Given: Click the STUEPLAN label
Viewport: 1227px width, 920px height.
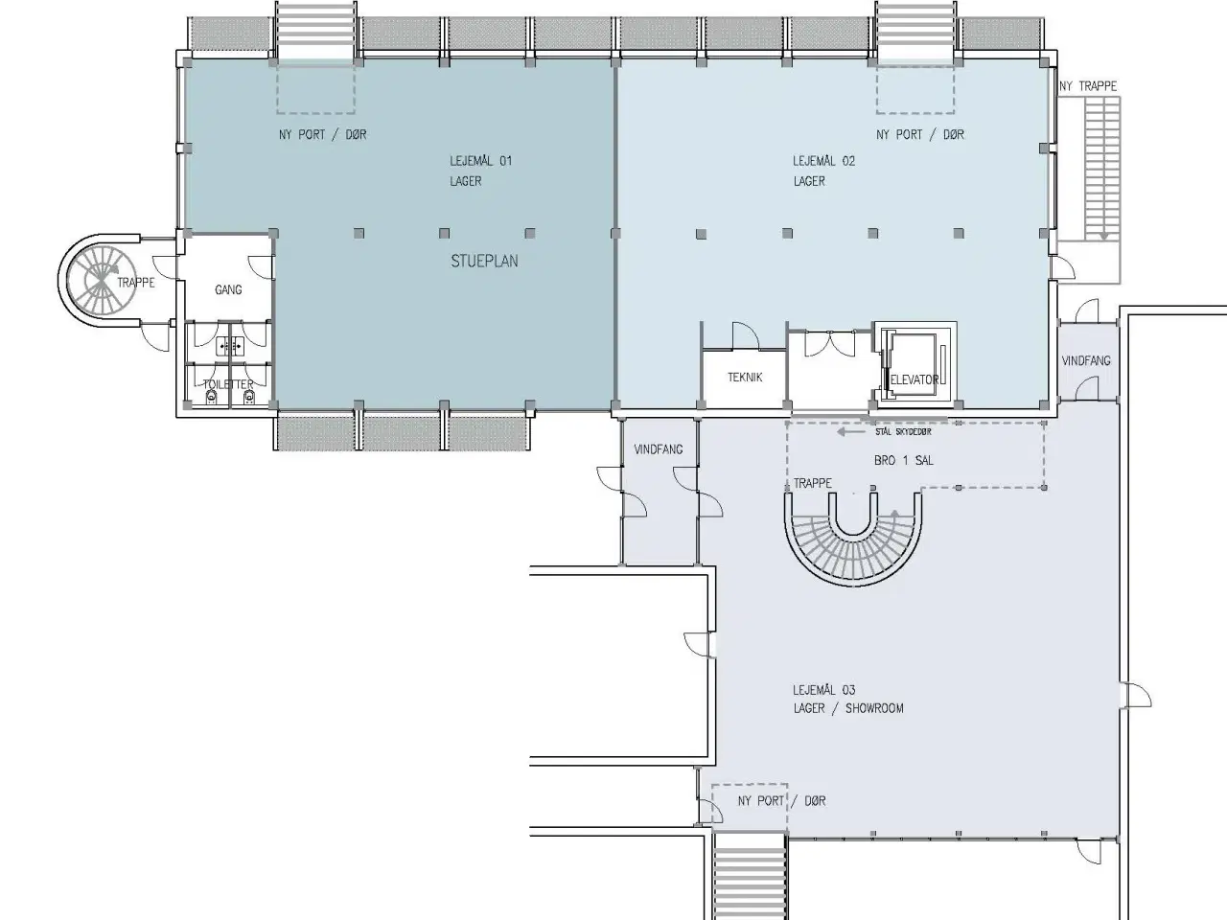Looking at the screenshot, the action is point(484,261).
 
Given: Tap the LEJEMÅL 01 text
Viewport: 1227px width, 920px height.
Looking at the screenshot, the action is point(481,161).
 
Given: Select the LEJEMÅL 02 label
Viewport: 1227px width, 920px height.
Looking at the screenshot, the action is point(824,161).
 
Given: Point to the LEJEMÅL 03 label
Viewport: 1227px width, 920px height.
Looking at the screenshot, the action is point(824,690).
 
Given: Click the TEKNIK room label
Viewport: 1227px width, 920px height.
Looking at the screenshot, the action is point(745,378).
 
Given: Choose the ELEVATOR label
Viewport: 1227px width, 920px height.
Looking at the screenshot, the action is point(914,379).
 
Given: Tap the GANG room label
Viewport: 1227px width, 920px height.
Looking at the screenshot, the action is point(228,289).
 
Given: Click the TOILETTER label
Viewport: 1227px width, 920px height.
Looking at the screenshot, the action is point(228,384).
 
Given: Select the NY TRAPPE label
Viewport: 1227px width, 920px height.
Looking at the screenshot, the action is point(1088,86).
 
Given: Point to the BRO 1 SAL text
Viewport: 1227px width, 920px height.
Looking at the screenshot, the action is point(903,460).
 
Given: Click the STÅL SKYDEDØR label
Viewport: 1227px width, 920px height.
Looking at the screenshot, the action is point(903,432).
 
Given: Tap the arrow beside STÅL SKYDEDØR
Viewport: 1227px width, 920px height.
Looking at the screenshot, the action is point(848,432).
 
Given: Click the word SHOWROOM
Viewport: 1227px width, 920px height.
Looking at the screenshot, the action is point(874,708).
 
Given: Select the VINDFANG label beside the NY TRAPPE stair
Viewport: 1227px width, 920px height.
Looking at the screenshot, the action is point(1085,361).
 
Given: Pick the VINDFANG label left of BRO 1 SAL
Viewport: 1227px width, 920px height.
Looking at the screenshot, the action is point(658,449).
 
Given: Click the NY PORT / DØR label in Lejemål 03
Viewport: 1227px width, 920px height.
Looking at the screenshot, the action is point(781,800).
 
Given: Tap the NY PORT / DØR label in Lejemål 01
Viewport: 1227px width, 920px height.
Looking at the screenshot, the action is point(322,134).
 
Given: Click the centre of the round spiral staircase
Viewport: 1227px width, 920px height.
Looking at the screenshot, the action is point(101,279).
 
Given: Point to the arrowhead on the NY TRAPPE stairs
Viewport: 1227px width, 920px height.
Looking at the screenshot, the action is point(1104,237).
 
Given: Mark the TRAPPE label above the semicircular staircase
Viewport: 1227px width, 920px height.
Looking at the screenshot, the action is point(812,483).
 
